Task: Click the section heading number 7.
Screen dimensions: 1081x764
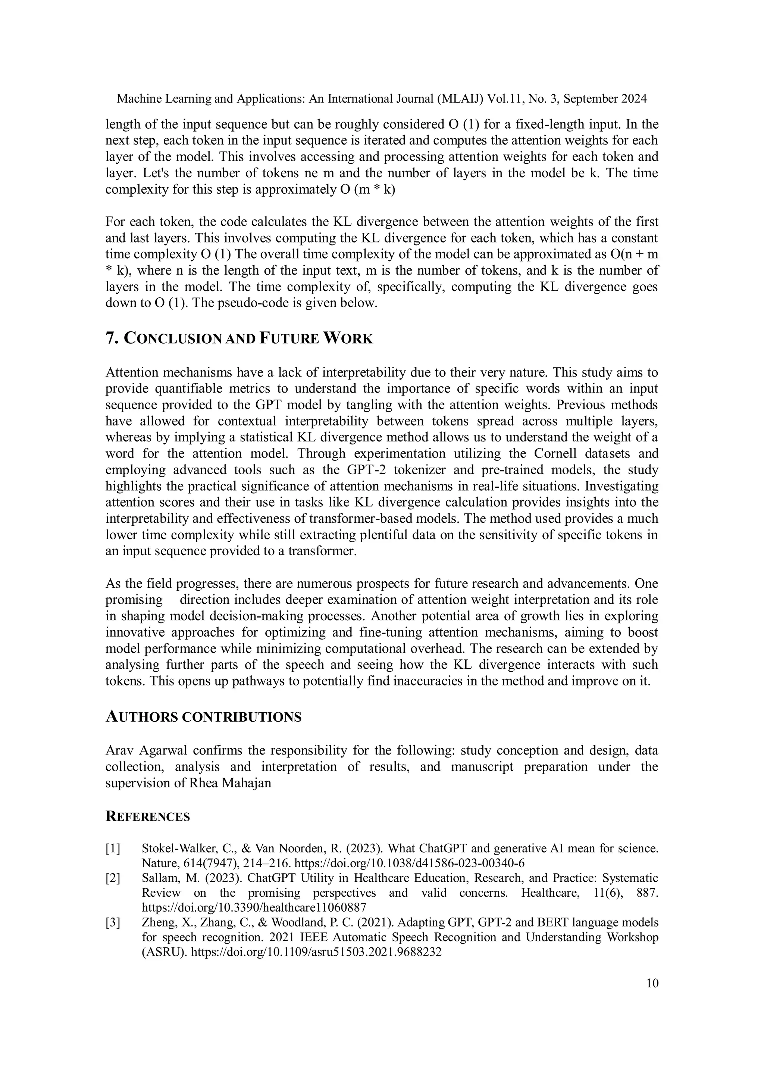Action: [x=112, y=338]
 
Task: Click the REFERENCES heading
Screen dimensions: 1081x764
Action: [x=148, y=816]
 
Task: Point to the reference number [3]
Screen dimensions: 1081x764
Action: [x=113, y=922]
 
